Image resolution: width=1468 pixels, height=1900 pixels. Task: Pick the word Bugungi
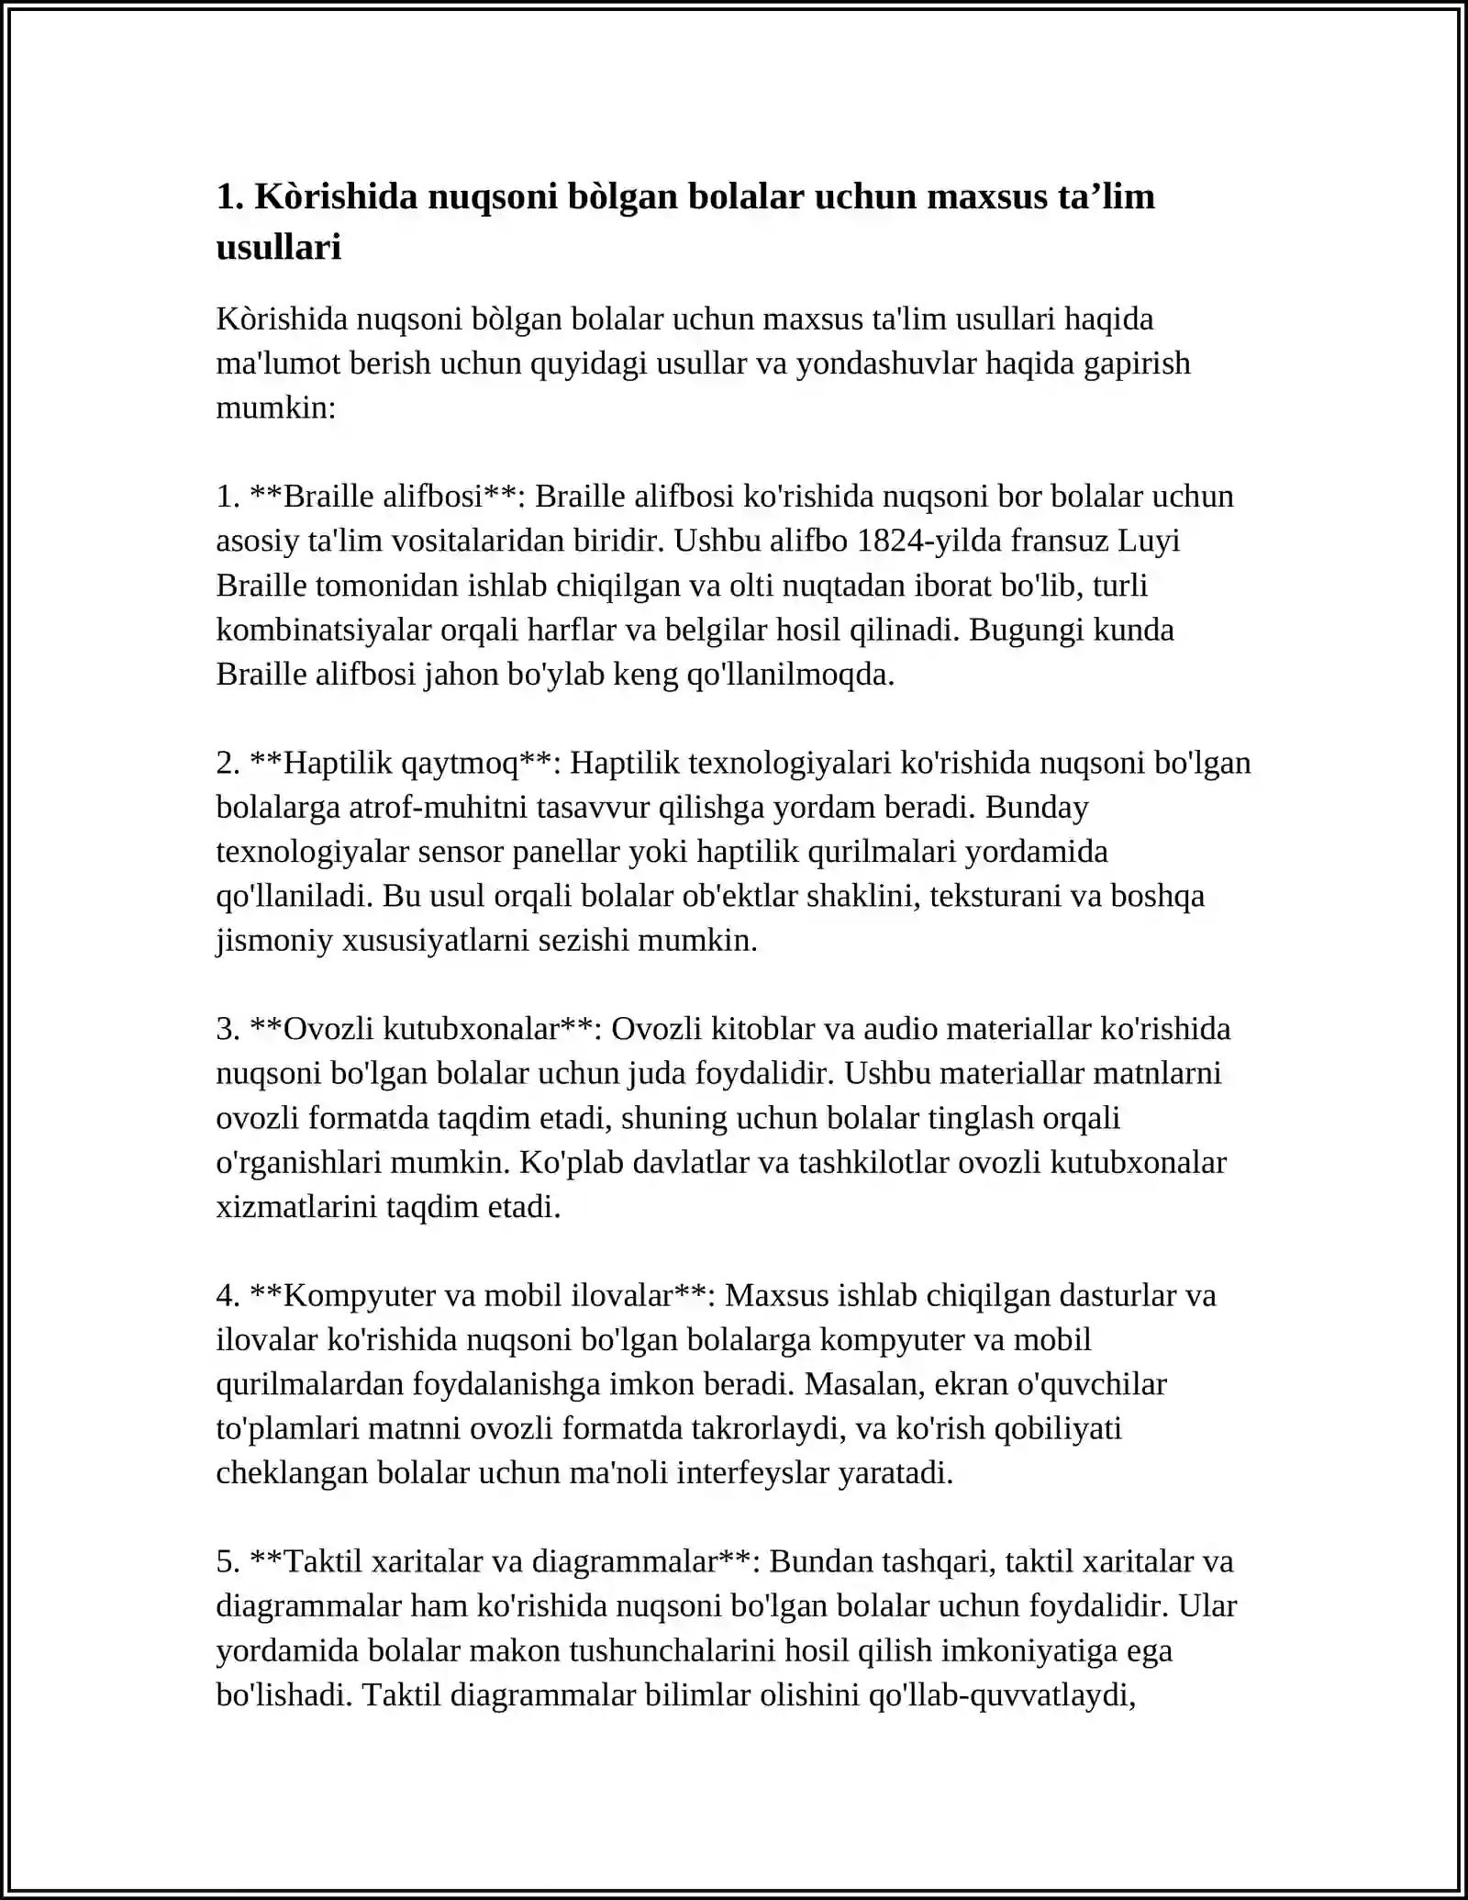pos(1021,630)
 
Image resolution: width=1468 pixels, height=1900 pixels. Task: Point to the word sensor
pos(461,852)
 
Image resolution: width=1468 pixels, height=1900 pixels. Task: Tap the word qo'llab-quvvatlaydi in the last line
pos(1002,1694)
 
